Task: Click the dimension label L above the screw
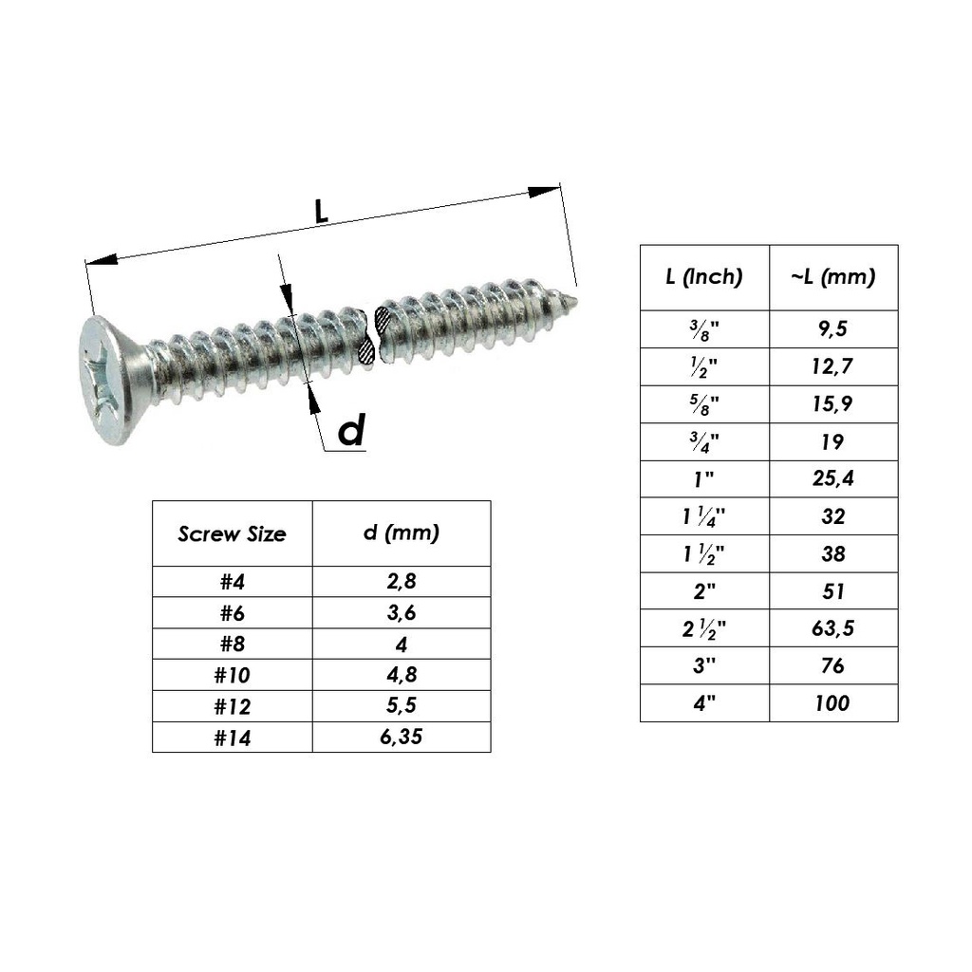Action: [322, 213]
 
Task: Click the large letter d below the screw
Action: [351, 432]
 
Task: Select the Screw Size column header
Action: [232, 533]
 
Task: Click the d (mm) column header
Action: [401, 533]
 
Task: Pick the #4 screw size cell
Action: [232, 582]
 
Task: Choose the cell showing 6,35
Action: [401, 737]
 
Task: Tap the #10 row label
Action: [232, 675]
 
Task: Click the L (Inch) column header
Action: [703, 277]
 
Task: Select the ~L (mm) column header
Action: [832, 277]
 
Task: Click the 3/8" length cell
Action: [703, 330]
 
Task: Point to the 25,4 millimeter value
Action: [832, 478]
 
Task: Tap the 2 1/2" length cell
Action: [703, 628]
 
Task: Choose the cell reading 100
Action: [832, 703]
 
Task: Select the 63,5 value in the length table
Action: [832, 628]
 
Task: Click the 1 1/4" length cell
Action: [703, 516]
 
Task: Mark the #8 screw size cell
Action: [232, 644]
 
